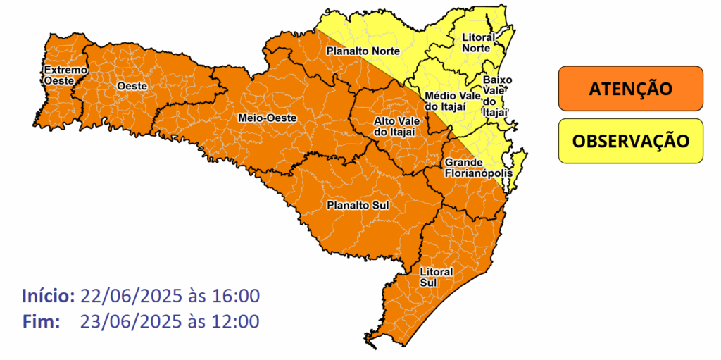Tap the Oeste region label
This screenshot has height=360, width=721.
(x=132, y=86)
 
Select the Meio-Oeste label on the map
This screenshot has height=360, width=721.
(x=267, y=118)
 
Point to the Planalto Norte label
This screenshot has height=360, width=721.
(x=363, y=51)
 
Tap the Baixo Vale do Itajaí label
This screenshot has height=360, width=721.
(x=495, y=95)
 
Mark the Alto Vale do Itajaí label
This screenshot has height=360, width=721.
(x=396, y=127)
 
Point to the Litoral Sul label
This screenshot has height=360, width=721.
(x=436, y=277)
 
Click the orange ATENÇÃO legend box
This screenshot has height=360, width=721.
(x=630, y=89)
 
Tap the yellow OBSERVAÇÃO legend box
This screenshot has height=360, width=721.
(x=630, y=141)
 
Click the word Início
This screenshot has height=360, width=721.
(x=48, y=294)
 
